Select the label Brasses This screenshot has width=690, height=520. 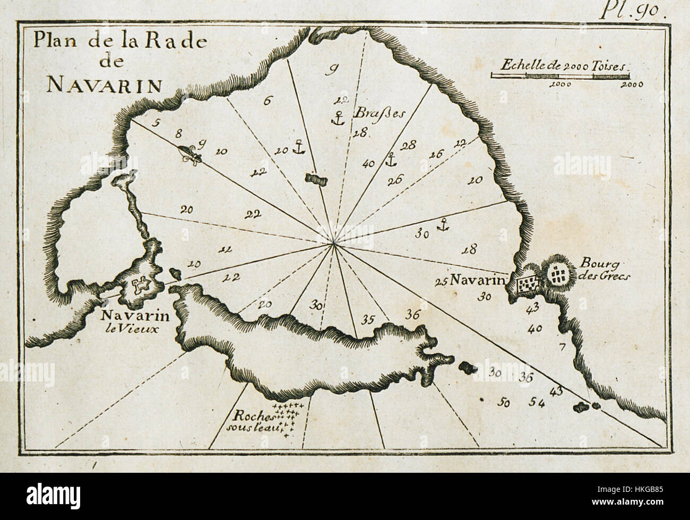coord(370,114)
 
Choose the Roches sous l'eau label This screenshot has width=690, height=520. coord(249,421)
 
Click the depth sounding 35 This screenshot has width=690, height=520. coord(367,319)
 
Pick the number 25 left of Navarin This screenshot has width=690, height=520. coord(440,282)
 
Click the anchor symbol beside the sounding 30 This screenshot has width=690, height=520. coord(442,226)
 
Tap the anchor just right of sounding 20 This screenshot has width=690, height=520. coord(299,146)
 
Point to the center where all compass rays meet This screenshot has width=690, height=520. coord(333,244)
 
